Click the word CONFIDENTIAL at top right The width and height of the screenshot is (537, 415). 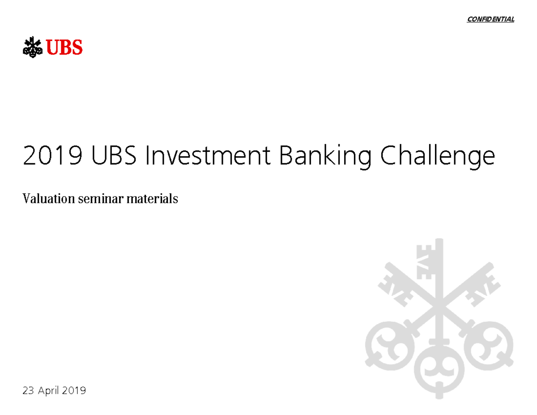click(490, 19)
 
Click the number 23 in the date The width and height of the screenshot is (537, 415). click(28, 391)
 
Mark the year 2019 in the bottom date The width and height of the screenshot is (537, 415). click(74, 391)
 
